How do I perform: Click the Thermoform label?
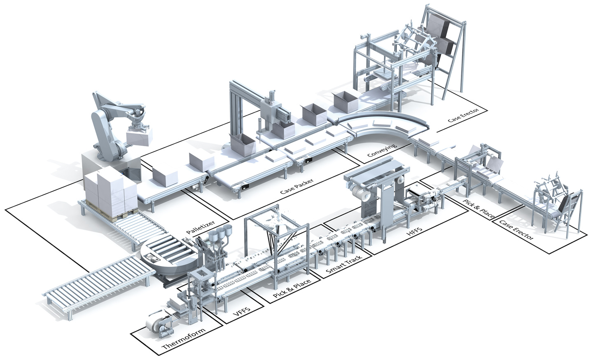point(184,339)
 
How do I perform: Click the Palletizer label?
point(201,227)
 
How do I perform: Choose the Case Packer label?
point(296,186)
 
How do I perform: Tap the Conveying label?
point(383,150)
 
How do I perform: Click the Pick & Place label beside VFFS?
point(292,289)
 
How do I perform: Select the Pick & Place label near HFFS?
point(479,209)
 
